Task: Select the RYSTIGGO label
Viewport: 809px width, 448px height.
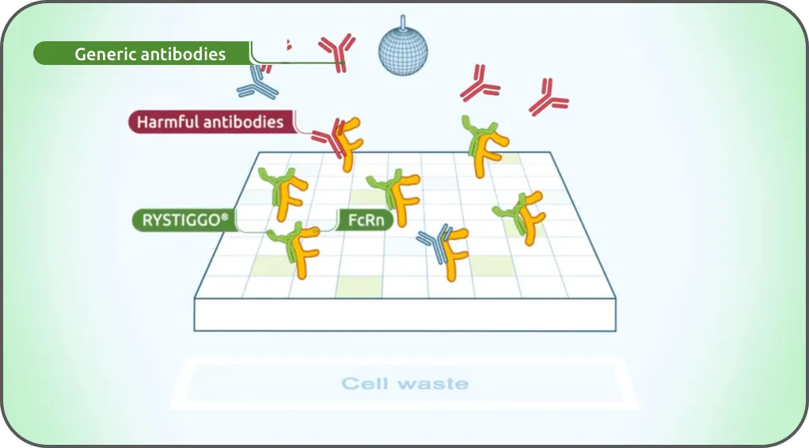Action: tap(184, 220)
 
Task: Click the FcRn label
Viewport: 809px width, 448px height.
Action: tap(366, 220)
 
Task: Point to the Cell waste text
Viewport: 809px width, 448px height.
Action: tap(405, 383)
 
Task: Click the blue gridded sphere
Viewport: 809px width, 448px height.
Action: tap(403, 51)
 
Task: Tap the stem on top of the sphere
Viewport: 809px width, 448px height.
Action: tap(403, 21)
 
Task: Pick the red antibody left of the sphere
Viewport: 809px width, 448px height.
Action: tap(337, 51)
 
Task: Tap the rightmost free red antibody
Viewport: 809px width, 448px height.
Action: tap(548, 97)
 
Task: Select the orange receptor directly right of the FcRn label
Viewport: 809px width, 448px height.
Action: tap(406, 199)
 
